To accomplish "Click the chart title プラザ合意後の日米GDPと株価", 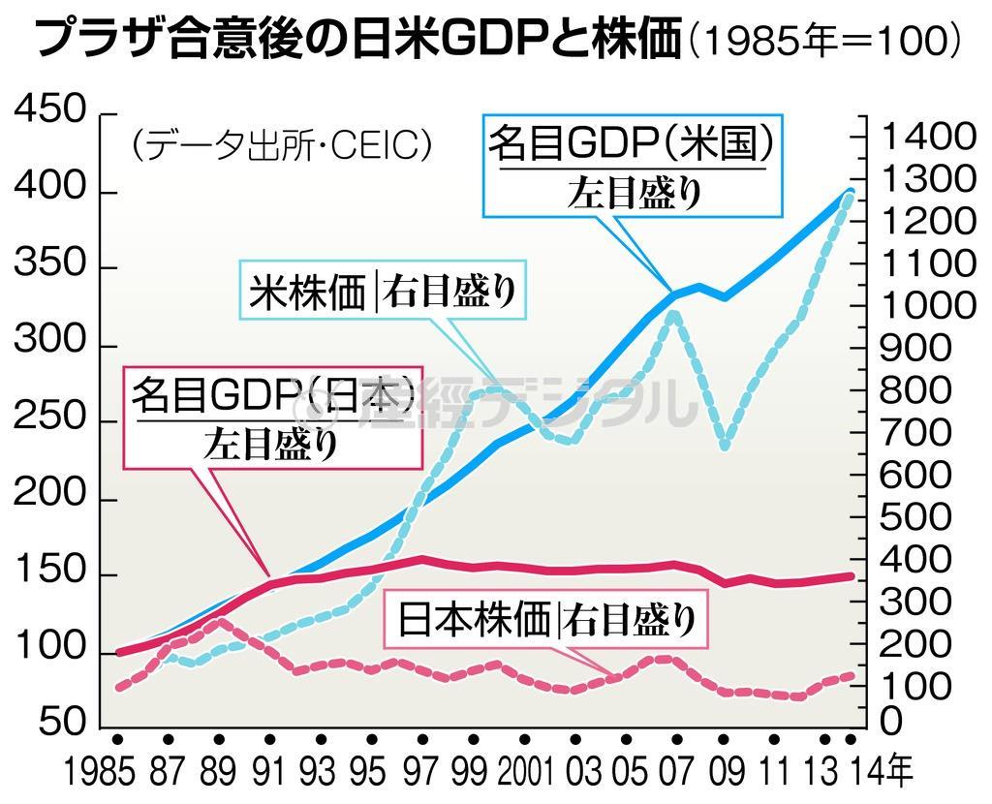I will pos(358,42).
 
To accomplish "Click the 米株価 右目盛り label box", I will pos(382,290).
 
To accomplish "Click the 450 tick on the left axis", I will pos(51,112).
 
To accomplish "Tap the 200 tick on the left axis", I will pos(51,500).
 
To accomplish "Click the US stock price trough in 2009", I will pos(725,446).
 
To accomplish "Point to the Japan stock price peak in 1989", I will pos(221,620).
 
